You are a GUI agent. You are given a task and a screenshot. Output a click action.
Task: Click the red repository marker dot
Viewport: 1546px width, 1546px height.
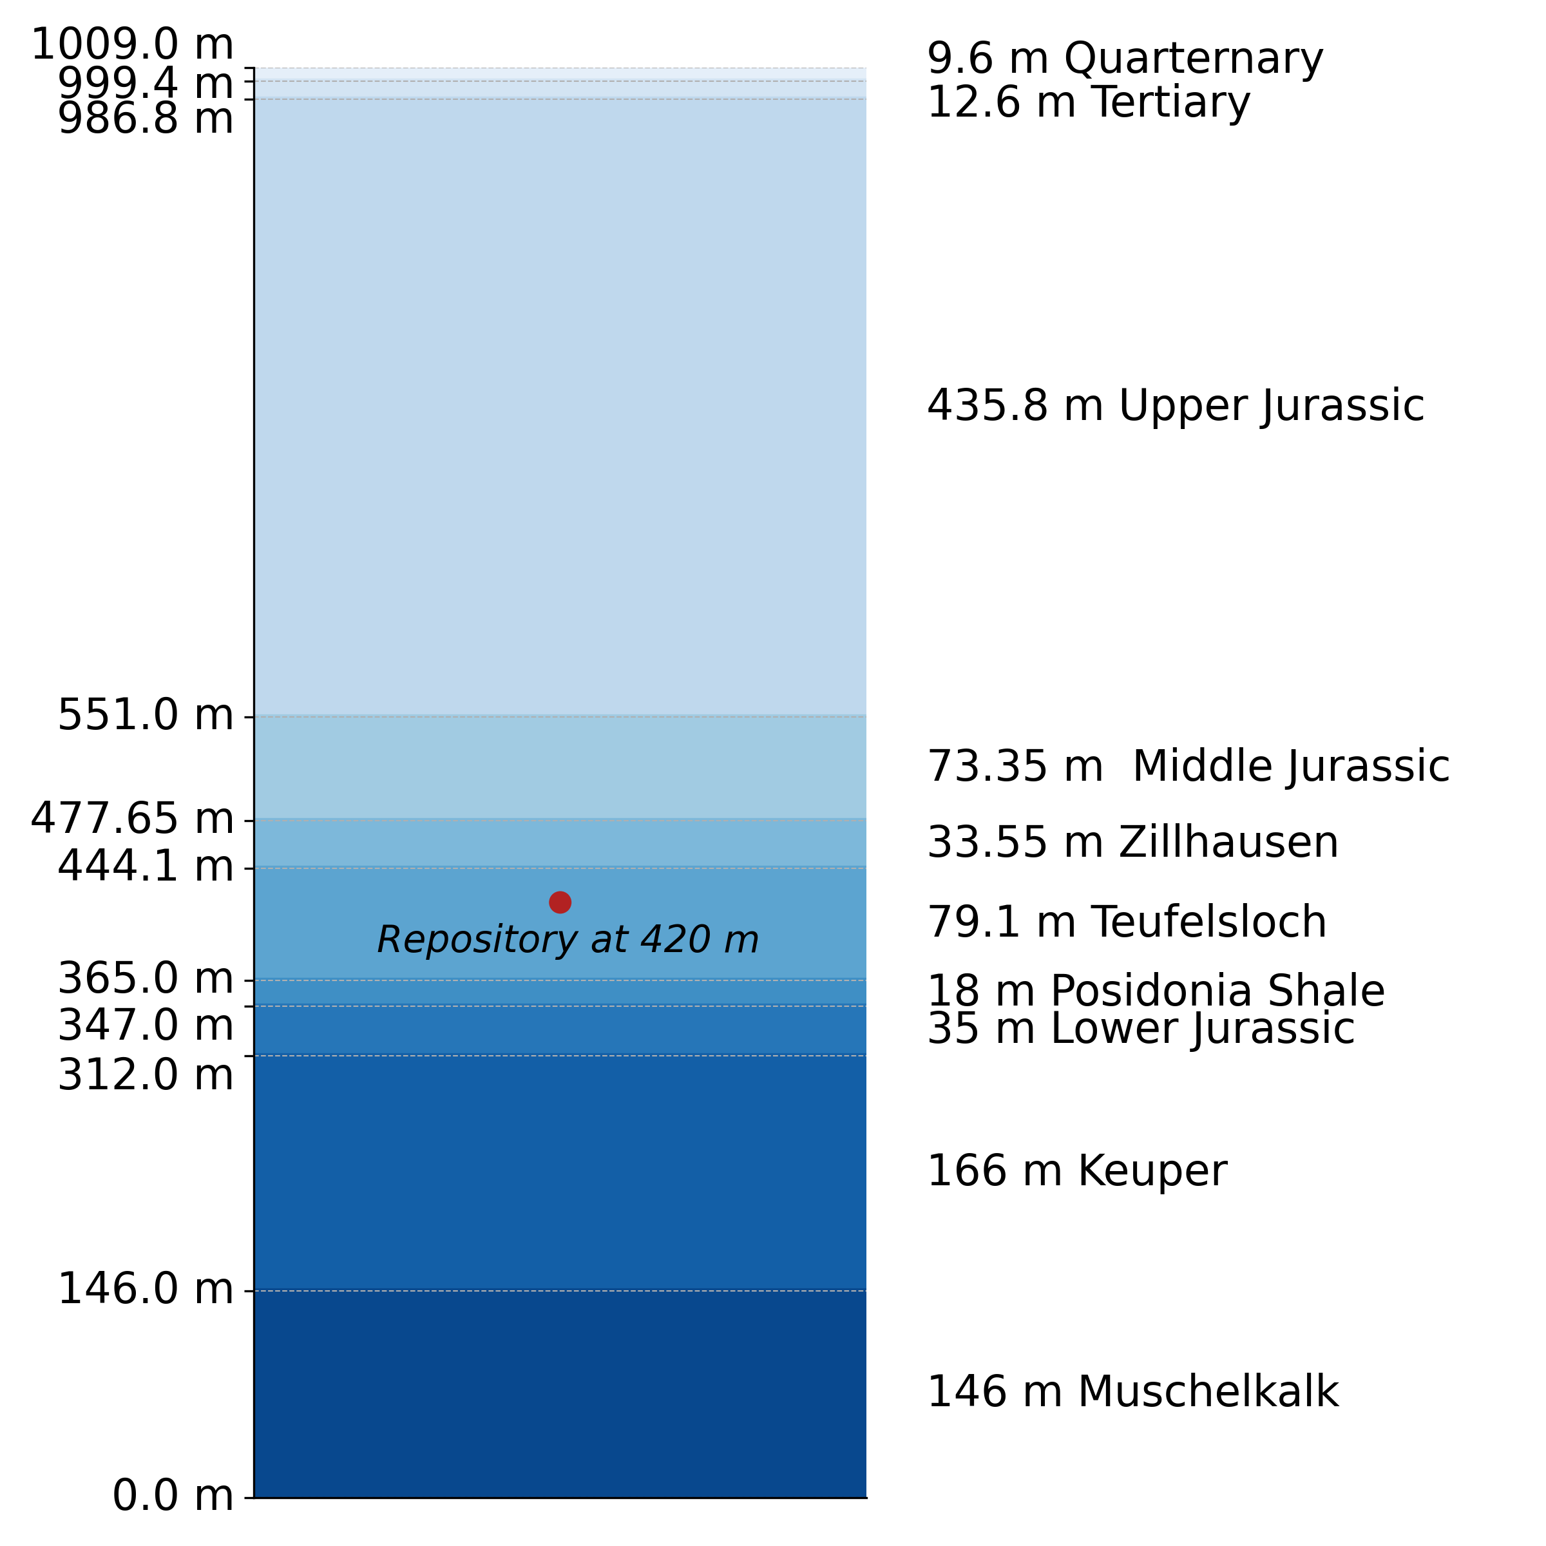click(560, 902)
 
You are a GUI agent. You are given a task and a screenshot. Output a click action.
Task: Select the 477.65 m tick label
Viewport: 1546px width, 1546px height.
click(132, 819)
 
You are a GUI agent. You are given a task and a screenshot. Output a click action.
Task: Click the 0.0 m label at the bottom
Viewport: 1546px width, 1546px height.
click(173, 1496)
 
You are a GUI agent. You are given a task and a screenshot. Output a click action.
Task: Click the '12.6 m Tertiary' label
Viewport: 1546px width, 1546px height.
click(1088, 103)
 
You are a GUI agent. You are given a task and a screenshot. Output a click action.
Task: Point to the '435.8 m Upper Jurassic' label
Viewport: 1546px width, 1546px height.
click(1176, 406)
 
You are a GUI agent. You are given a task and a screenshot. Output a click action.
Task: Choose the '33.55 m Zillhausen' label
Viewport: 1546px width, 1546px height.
click(1132, 843)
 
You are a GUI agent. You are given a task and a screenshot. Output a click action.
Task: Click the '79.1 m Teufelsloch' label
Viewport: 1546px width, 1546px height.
click(1127, 922)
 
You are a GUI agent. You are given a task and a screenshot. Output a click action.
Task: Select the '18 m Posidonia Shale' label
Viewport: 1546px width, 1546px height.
click(1156, 991)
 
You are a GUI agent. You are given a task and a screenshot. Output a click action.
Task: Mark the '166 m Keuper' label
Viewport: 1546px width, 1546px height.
click(1076, 1170)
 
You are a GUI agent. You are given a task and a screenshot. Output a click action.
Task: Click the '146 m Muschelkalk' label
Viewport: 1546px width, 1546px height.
click(1132, 1391)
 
